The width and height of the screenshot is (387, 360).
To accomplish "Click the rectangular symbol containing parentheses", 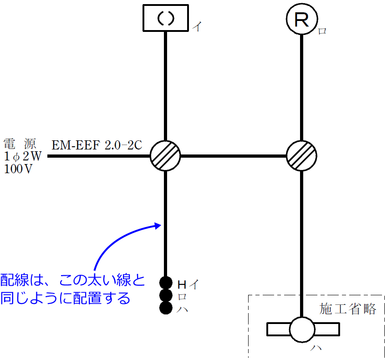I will [165, 18].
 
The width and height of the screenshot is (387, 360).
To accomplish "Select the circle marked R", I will [302, 20].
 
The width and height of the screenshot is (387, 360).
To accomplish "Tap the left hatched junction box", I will [165, 156].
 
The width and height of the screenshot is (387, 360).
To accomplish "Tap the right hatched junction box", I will [302, 156].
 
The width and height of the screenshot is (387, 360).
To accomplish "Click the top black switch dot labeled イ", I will [166, 283].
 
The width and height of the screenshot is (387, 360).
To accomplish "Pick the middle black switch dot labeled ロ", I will [166, 295].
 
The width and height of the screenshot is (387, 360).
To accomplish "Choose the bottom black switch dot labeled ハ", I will [166, 308].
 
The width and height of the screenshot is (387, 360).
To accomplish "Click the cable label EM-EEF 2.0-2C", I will [97, 145].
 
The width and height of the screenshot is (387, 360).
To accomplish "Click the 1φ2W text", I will [22, 157].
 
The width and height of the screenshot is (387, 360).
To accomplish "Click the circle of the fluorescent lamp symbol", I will [302, 329].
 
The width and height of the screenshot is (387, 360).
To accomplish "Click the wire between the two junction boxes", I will [234, 156].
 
